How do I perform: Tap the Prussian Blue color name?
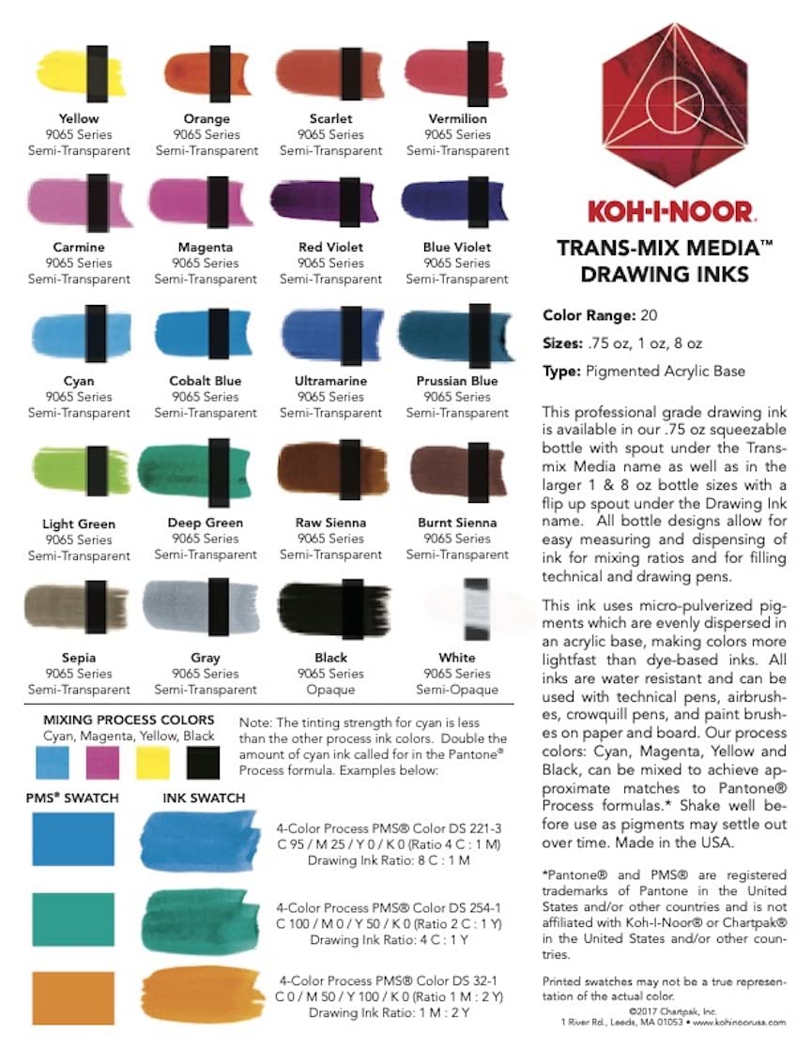457,381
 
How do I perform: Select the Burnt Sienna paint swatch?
457,464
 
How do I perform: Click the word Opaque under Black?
331,690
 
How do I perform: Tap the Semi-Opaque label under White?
457,690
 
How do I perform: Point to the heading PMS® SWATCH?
72,798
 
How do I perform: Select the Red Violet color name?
331,248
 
